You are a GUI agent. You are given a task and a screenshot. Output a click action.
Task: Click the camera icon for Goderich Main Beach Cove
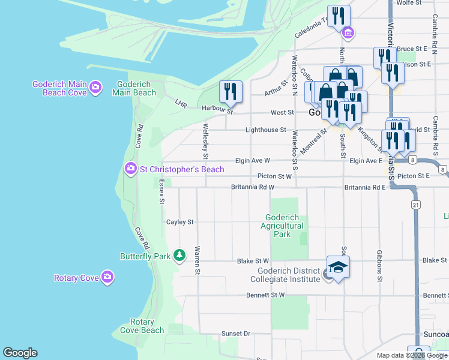point(95,89)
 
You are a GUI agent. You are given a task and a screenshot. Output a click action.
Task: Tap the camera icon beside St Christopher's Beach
point(130,169)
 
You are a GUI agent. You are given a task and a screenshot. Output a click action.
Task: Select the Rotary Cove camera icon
point(107,277)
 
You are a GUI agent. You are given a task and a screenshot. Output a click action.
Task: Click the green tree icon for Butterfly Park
point(179,256)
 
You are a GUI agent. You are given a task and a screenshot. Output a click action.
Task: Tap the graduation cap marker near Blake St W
point(338,267)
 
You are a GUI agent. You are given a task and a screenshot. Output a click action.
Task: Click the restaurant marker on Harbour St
point(231,92)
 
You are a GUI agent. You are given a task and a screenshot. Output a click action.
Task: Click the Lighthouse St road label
point(265,130)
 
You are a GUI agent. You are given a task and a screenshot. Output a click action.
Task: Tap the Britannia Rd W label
point(253,187)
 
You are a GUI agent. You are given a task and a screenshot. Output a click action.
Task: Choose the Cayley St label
point(180,221)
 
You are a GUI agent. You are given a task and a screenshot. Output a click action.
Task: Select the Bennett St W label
point(265,295)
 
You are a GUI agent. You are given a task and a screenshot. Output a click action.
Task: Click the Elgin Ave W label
point(251,161)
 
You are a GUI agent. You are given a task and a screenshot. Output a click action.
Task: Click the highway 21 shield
point(415,205)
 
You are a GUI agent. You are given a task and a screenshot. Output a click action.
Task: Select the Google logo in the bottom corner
point(20,353)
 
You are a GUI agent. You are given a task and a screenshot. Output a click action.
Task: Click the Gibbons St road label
point(379,266)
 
